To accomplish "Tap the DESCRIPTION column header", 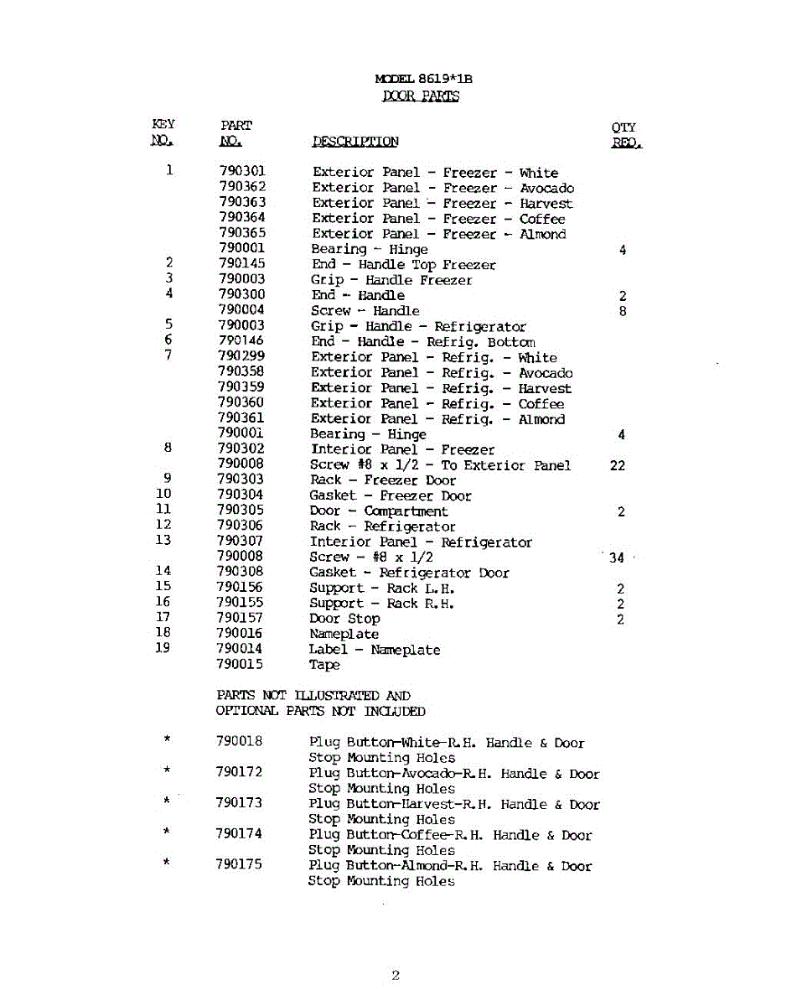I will pos(355,142).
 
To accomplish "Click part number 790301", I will pos(241,172).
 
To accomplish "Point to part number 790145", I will pos(241,264).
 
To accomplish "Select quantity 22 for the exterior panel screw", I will pos(618,466).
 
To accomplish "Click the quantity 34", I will pos(618,558).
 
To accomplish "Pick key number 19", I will pos(163,648).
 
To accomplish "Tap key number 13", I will pos(163,541).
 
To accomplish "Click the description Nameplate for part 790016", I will pos(344,635).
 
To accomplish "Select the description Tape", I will pos(324,666).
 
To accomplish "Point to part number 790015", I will pos(240,664).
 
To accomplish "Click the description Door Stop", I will pos(344,619).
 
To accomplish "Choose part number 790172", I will pos(239,773).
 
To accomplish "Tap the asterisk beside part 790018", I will pos(168,739).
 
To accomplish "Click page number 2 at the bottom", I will pos(396,976).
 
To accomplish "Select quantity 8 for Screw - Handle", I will pos(623,312).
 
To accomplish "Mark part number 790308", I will pos(240,572).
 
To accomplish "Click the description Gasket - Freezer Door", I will pos(390,496).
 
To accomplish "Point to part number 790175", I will pos(239,865).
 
